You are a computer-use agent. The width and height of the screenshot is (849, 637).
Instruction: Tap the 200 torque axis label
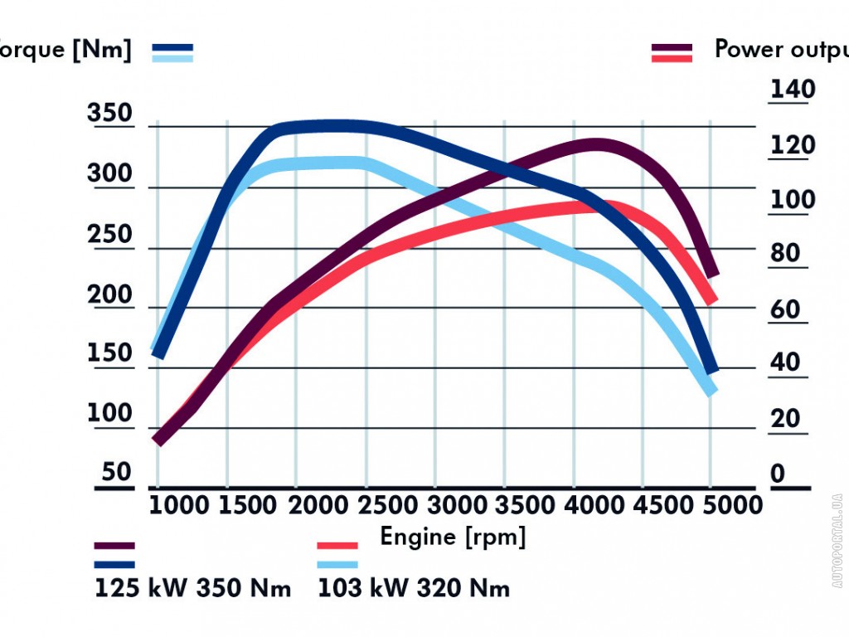click(109, 294)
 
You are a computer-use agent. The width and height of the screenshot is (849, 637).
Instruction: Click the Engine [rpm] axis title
click(453, 537)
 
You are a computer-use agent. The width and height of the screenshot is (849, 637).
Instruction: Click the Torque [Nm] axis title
click(65, 49)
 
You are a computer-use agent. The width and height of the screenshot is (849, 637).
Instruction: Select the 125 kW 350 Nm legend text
click(193, 589)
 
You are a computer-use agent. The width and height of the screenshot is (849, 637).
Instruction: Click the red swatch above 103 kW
click(337, 546)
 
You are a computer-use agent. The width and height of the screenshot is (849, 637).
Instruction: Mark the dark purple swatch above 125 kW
click(114, 546)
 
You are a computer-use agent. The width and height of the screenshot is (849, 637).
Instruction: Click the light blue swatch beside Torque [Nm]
click(172, 58)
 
